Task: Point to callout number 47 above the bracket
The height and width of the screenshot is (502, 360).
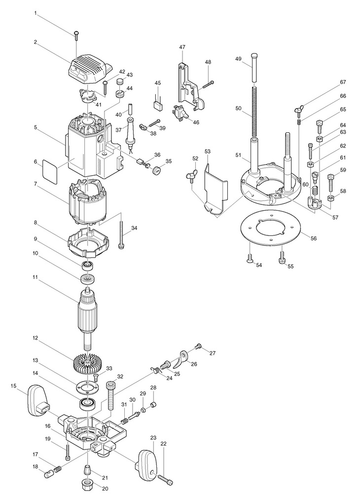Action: click(182, 47)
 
